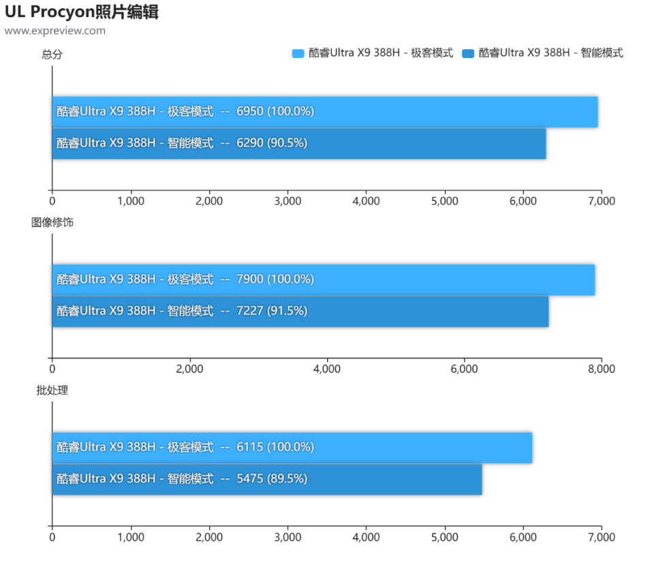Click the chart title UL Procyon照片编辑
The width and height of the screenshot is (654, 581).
pos(82,12)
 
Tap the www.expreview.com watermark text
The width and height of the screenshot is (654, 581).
pos(55,31)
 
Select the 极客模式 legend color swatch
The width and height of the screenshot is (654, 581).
pos(298,53)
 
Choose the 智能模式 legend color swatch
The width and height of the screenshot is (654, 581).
pos(468,53)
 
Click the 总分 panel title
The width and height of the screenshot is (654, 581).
pos(52,55)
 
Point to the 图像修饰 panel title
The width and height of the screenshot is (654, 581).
pos(52,222)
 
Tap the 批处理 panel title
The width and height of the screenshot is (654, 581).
pos(52,390)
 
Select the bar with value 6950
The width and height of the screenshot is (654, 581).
pos(325,112)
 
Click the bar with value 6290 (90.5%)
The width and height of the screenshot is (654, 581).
pos(299,144)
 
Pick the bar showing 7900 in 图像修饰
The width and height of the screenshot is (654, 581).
pos(324,280)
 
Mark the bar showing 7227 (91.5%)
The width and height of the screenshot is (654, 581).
pos(300,312)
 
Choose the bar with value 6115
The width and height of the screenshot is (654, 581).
pos(292,448)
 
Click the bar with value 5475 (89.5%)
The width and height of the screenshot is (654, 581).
pos(267,479)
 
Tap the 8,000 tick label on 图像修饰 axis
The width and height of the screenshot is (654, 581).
pos(602,369)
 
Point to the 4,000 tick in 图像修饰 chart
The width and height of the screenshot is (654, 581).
pos(327,369)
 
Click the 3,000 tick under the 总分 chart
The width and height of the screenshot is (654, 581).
pos(287,201)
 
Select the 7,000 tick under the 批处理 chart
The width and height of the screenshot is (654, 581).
pos(602,537)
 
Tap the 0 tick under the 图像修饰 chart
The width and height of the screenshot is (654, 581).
pos(52,369)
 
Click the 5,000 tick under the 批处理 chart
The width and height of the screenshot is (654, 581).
pos(445,537)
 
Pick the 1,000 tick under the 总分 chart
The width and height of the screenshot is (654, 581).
pos(131,201)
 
